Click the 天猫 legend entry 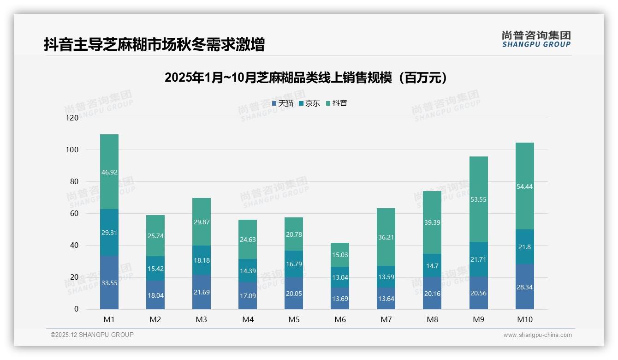283,103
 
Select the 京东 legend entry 309,103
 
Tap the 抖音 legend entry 336,103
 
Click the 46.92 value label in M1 109,172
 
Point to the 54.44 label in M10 524,186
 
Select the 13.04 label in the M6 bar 340,277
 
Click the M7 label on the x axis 386,319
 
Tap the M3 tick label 202,319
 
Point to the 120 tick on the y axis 72,118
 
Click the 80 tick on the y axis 74,182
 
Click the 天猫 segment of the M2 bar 155,295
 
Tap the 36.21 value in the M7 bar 386,238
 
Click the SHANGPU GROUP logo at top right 536,39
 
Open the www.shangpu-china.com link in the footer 537,335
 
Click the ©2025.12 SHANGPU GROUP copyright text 92,335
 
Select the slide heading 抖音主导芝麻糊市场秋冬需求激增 154,45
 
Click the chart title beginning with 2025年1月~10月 306,78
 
